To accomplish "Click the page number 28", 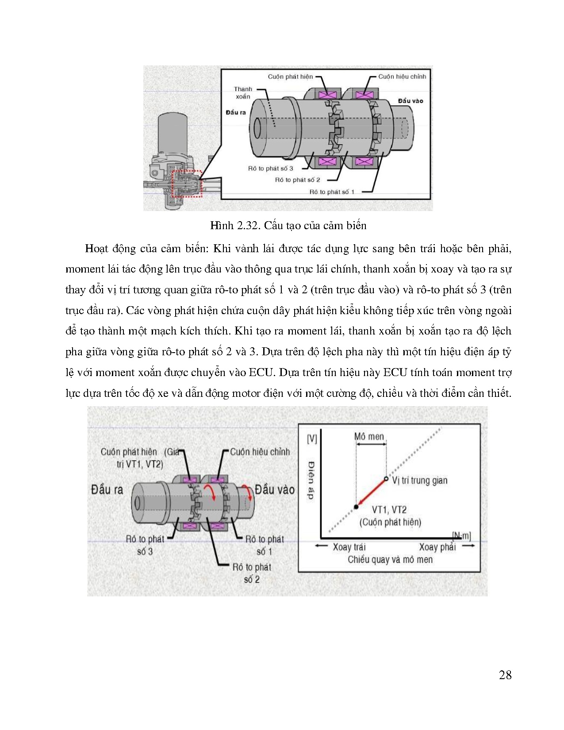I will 505,675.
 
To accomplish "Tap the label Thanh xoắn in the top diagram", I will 243,93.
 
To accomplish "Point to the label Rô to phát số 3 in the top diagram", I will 270,169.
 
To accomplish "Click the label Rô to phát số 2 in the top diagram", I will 297,180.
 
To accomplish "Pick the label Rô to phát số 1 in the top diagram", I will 332,192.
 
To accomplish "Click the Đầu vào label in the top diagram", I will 410,101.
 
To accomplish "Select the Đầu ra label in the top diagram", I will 235,112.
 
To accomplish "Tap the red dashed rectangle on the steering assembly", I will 186,184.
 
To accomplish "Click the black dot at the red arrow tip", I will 356,507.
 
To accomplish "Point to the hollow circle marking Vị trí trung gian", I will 386,479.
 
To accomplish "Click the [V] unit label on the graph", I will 311,438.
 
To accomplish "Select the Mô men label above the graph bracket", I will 369,437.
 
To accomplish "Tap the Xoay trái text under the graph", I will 349,547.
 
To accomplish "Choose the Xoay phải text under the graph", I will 437,547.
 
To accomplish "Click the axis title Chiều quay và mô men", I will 390,560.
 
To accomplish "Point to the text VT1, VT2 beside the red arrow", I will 389,510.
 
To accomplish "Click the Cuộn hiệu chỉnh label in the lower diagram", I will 260,452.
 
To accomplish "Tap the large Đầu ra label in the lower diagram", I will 107,490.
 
